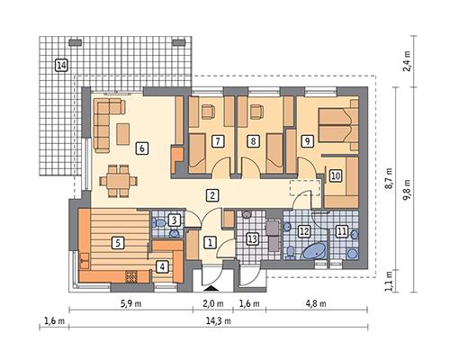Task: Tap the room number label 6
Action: click(x=140, y=148)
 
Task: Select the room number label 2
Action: click(x=211, y=195)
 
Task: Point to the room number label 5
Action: click(x=117, y=241)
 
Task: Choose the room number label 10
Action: click(x=334, y=175)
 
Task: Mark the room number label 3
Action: click(x=175, y=220)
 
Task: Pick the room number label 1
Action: click(x=209, y=241)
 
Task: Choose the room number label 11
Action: click(x=342, y=231)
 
